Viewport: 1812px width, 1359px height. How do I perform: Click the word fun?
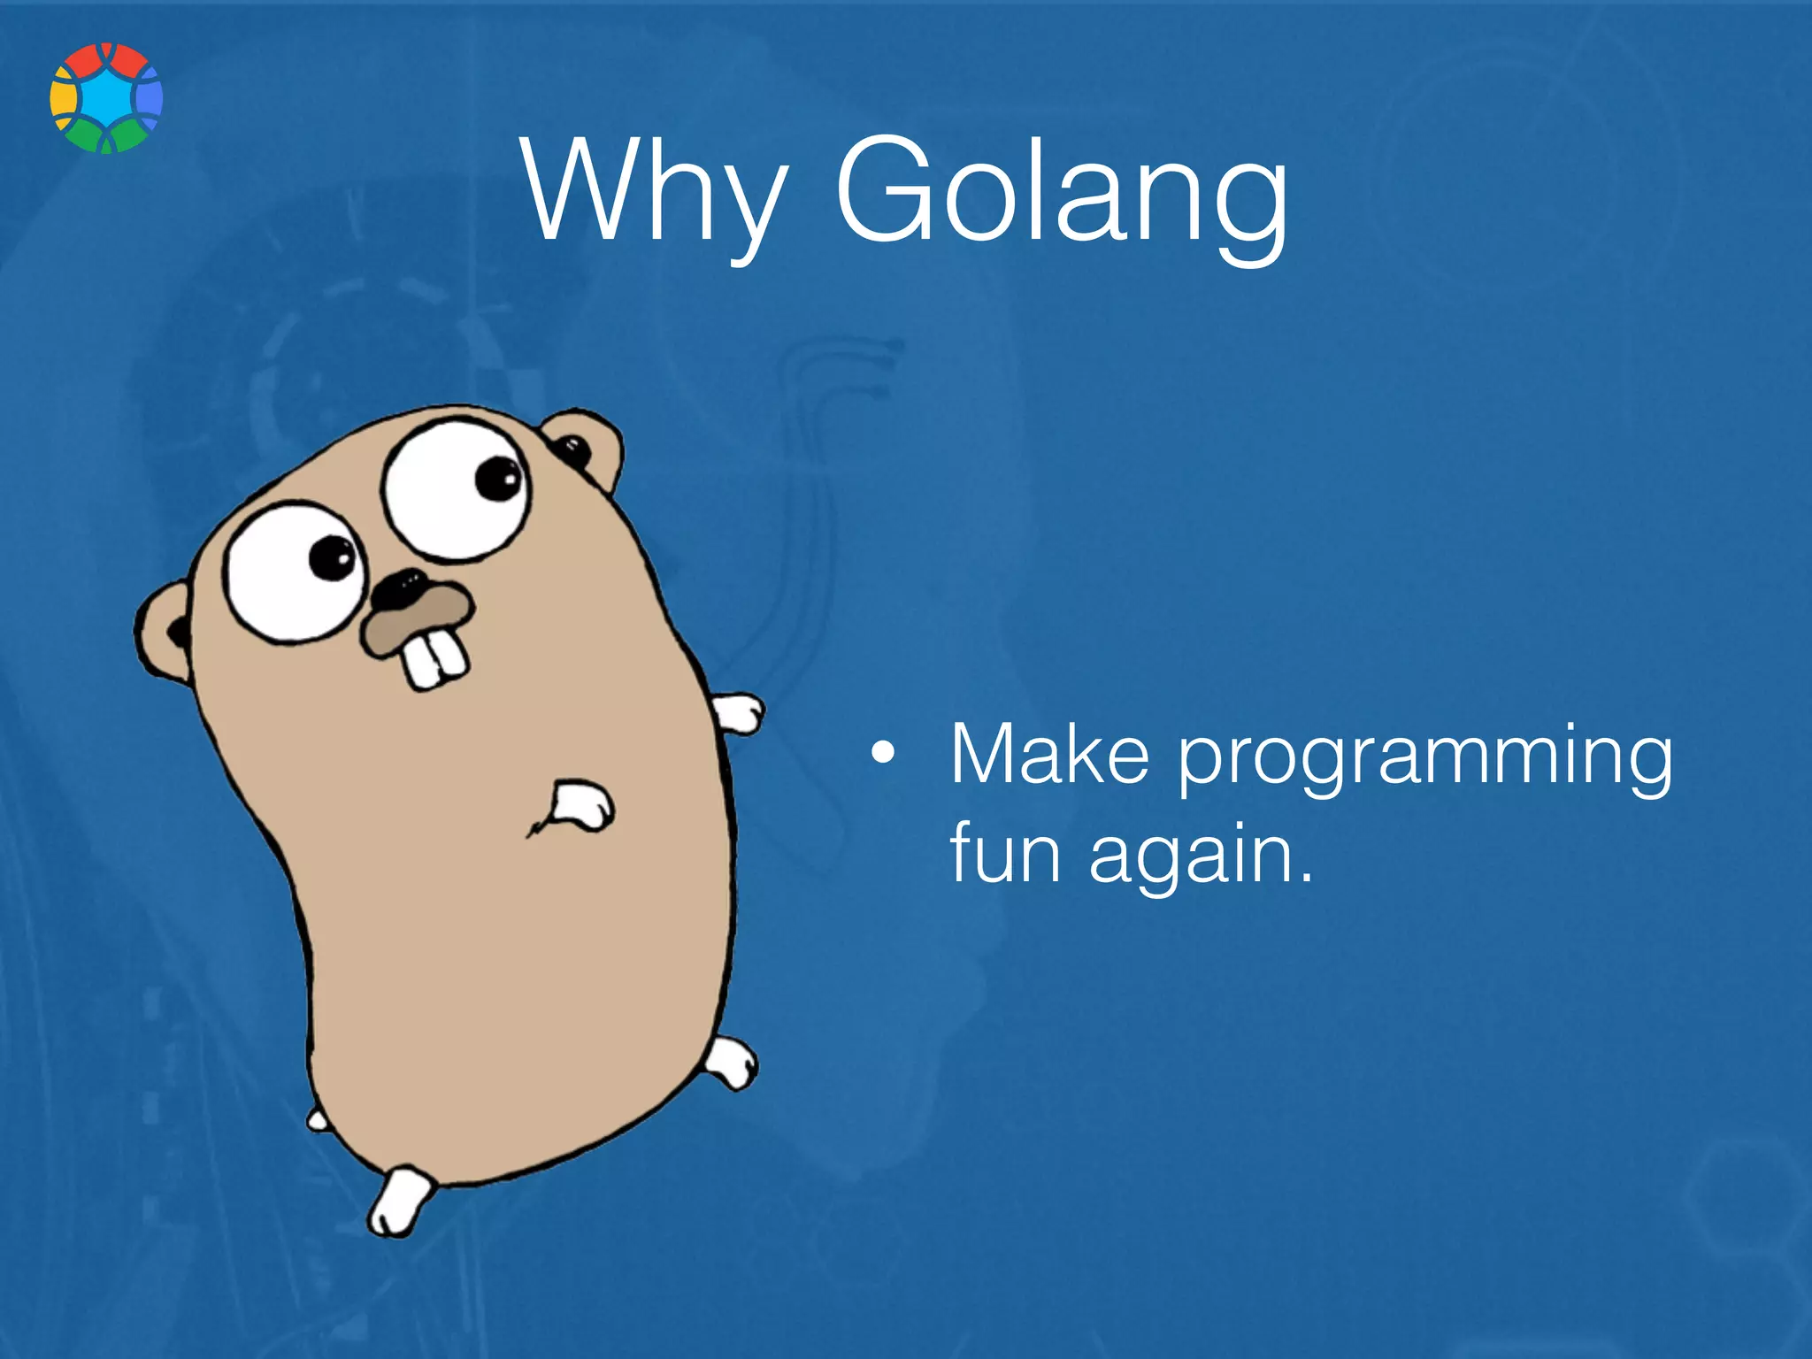tap(1004, 853)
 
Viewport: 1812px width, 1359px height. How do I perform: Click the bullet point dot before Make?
tap(881, 755)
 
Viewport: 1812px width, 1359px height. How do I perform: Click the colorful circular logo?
tap(106, 97)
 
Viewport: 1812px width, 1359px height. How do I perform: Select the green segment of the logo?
tap(106, 138)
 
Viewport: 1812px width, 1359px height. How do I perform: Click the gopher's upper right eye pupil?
tap(498, 479)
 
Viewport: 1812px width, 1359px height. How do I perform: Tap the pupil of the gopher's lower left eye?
tap(333, 557)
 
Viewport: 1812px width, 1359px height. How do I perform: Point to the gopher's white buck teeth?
tap(435, 658)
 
